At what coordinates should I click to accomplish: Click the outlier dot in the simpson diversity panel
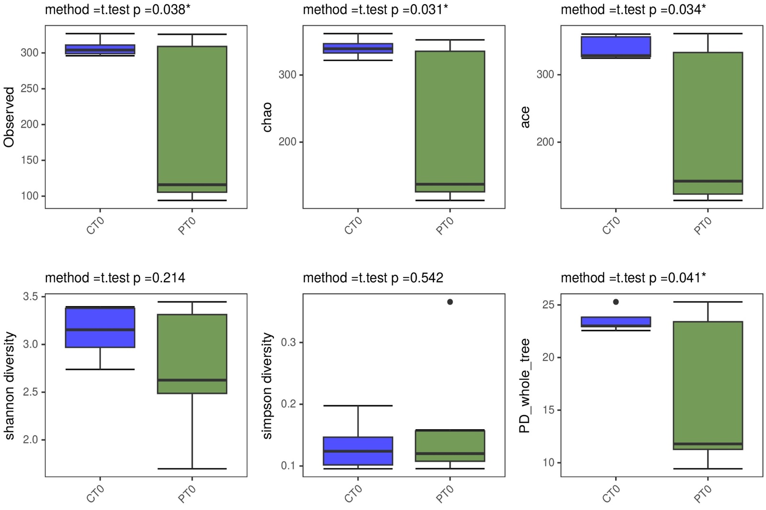[450, 302]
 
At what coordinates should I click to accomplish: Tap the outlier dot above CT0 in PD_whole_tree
[616, 302]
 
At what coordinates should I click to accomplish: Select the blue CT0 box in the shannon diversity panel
[100, 328]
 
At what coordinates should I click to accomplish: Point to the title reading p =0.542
[373, 278]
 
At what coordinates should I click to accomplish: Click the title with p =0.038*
[117, 10]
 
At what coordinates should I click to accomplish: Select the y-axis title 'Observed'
[9, 117]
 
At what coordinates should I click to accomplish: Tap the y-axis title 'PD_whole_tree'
[525, 386]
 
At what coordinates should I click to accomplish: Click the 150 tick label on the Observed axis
[30, 160]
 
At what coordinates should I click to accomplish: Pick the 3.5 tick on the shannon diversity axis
[30, 297]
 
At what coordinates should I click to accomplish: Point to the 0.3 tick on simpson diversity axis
[288, 343]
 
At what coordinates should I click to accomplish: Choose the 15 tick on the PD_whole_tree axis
[549, 410]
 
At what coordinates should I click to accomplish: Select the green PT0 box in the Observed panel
[192, 119]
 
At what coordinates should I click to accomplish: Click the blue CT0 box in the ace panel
[616, 47]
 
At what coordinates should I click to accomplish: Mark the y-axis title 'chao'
[267, 117]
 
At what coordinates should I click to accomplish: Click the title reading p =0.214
[115, 278]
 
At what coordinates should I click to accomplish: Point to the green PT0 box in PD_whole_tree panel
[708, 385]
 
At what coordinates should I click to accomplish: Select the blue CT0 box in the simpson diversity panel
[358, 451]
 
